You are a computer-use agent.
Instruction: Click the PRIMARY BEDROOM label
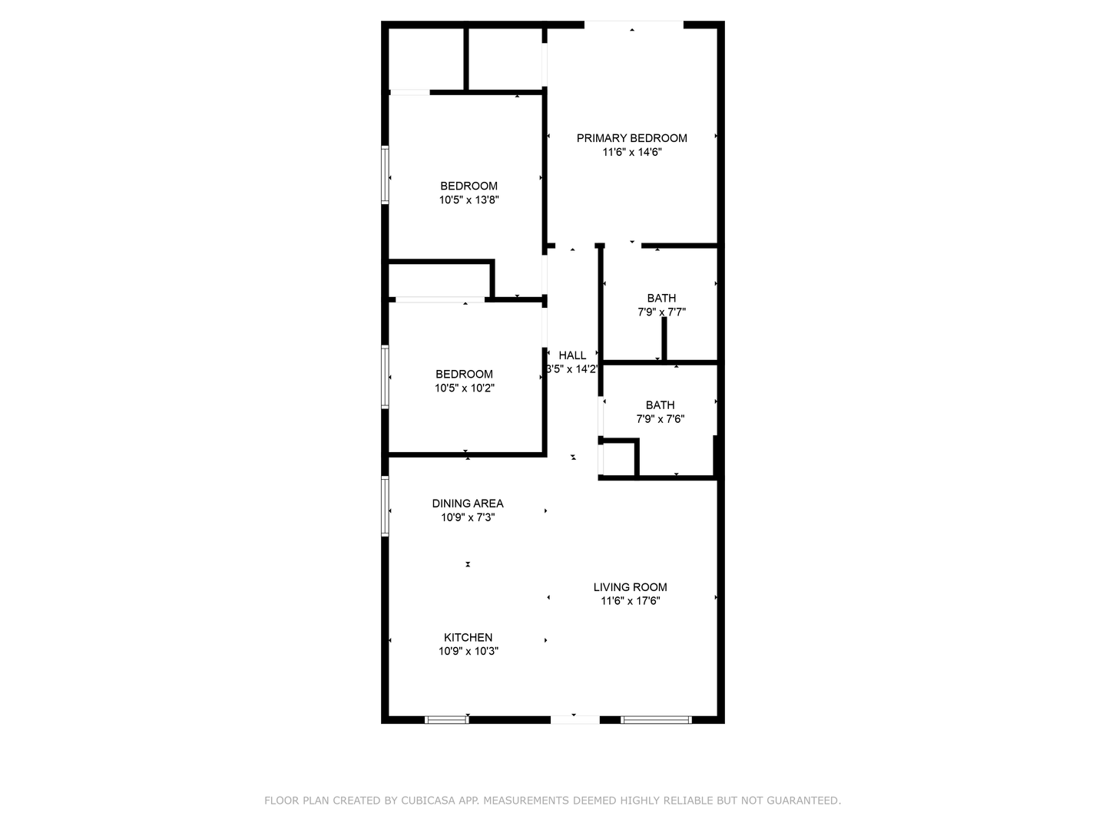pos(631,138)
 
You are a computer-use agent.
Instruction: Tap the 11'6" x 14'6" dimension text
pos(632,152)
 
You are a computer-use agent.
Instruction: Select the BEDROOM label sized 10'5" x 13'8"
pos(469,186)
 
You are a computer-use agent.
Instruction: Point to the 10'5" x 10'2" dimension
pos(465,388)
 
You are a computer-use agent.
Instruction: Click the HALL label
pos(572,355)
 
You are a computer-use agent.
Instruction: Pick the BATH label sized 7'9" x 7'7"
pos(661,298)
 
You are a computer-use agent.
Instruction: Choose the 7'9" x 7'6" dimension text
pos(660,419)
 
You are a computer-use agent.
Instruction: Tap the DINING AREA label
pos(468,504)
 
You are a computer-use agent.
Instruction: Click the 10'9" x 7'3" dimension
pos(468,517)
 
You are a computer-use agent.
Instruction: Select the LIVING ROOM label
pos(630,587)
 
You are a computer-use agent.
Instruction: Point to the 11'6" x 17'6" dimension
pos(630,600)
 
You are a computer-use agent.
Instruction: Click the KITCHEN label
pos(468,637)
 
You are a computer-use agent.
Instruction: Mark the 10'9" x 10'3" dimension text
pos(468,651)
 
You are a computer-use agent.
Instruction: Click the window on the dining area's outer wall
pos(385,506)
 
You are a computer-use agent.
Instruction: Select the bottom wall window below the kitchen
pos(446,720)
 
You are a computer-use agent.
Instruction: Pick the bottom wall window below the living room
pos(656,720)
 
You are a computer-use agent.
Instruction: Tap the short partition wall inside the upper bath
pos(664,339)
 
